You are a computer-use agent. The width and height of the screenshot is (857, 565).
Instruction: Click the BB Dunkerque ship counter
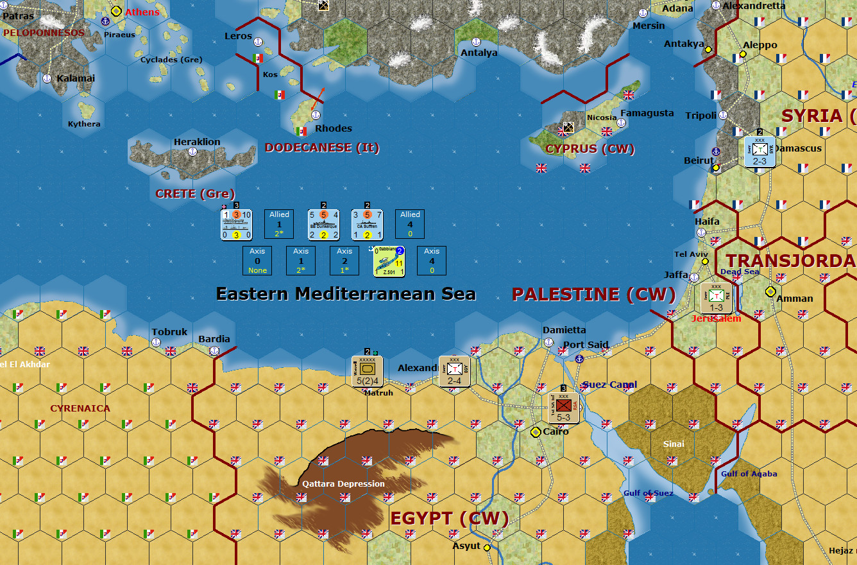click(x=323, y=225)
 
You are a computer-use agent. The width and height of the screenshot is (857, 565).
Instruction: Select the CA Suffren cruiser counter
click(x=367, y=225)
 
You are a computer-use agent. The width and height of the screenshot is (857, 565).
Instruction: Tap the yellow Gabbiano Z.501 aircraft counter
click(x=389, y=261)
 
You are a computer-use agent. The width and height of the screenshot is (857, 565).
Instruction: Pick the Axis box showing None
click(x=257, y=261)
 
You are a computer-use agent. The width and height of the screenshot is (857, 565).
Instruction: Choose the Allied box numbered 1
click(x=280, y=225)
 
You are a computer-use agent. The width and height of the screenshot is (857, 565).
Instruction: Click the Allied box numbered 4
click(x=411, y=225)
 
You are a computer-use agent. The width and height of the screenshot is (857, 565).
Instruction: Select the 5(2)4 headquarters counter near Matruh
click(x=368, y=371)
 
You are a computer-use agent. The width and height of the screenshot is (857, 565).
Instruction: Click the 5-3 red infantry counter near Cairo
click(x=564, y=407)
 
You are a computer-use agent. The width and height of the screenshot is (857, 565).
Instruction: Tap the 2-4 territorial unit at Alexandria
click(x=455, y=371)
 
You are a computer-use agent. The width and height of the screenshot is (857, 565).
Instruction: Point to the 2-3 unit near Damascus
click(x=760, y=152)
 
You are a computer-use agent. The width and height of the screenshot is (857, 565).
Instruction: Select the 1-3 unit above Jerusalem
click(x=717, y=298)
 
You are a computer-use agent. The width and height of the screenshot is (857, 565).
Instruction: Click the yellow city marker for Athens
click(x=116, y=11)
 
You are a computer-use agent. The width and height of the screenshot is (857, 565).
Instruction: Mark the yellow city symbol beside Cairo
click(x=536, y=432)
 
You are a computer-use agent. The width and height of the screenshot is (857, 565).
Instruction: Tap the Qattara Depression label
click(x=344, y=483)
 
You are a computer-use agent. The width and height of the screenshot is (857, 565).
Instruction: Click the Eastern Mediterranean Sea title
click(x=346, y=294)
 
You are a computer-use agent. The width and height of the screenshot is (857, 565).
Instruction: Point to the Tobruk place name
click(x=169, y=332)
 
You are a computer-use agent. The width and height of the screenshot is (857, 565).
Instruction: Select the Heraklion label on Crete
click(x=197, y=142)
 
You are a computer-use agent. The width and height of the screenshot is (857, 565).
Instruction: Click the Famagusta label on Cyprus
click(x=647, y=113)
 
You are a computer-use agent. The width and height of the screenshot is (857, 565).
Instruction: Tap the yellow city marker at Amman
click(x=770, y=291)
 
